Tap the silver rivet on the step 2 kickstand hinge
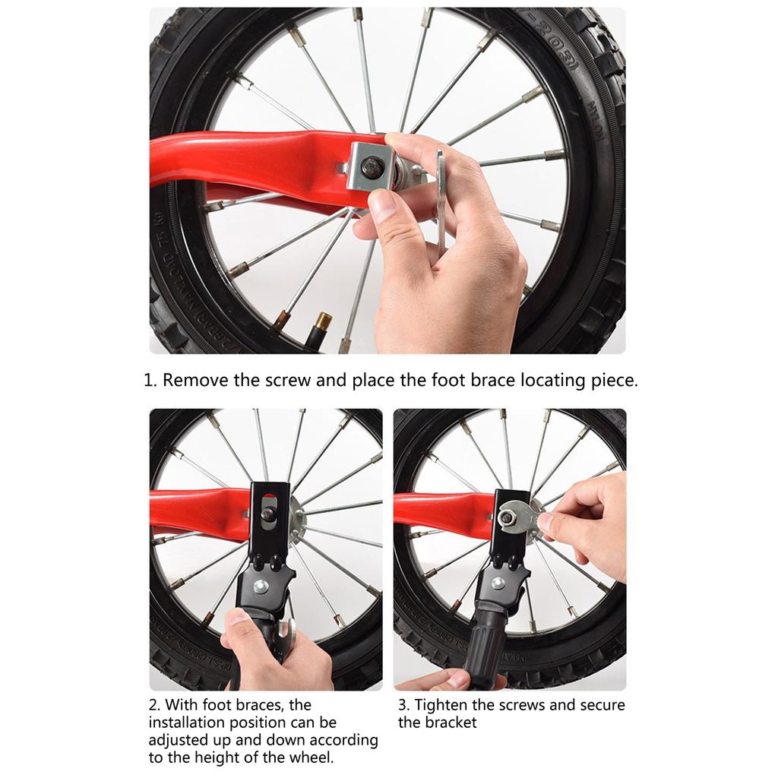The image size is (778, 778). click(x=261, y=586)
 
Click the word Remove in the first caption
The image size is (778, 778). click(x=195, y=381)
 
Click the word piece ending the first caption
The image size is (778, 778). click(x=612, y=381)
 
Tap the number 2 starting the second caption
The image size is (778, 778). click(x=153, y=705)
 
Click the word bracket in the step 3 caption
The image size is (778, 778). click(x=451, y=723)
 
